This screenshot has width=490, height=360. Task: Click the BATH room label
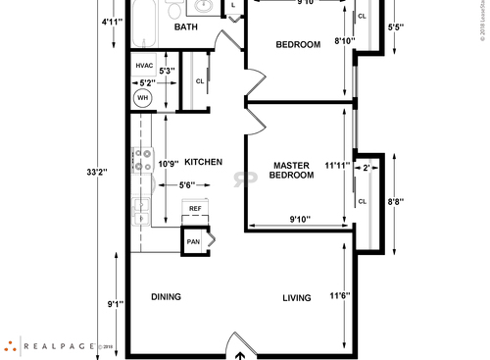(x=186, y=27)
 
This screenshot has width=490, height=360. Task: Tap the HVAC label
(x=144, y=67)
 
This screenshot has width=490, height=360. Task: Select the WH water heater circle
(x=143, y=98)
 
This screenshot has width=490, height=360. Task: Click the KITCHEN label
(x=204, y=162)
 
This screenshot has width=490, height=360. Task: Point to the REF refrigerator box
(x=195, y=209)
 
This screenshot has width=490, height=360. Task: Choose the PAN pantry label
(x=194, y=240)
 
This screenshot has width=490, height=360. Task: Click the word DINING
(x=166, y=296)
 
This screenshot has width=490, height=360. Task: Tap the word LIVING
(x=297, y=298)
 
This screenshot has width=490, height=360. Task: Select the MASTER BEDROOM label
(x=292, y=171)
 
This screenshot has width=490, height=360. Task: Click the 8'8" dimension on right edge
(x=396, y=201)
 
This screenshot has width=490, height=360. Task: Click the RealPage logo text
(x=55, y=345)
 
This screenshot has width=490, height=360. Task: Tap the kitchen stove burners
(x=139, y=160)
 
